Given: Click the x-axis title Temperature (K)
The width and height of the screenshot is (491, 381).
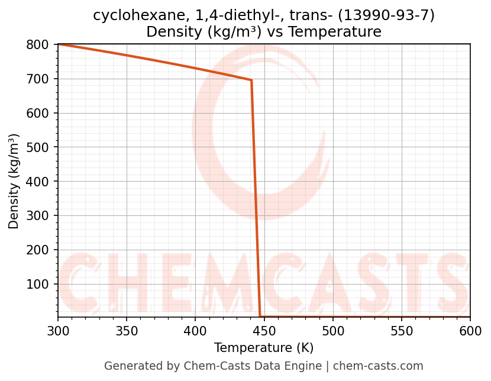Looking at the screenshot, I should point(264,348).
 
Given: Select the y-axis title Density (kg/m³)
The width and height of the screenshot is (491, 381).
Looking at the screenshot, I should point(14,181).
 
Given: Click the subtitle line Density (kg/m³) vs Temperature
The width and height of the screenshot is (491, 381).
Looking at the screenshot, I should point(264,32).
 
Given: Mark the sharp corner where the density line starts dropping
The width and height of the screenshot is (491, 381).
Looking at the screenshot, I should point(251,80).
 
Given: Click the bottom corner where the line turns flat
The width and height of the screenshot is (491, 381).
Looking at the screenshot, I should point(260,317).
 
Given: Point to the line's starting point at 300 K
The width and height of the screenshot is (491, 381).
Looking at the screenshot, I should point(58,44).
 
